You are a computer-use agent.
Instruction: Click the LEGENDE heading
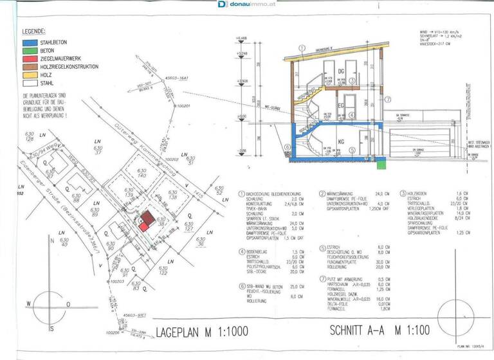[33, 31]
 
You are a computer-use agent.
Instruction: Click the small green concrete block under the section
[381, 165]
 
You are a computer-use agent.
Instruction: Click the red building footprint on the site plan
[147, 220]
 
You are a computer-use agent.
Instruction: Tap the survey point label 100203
[116, 282]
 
